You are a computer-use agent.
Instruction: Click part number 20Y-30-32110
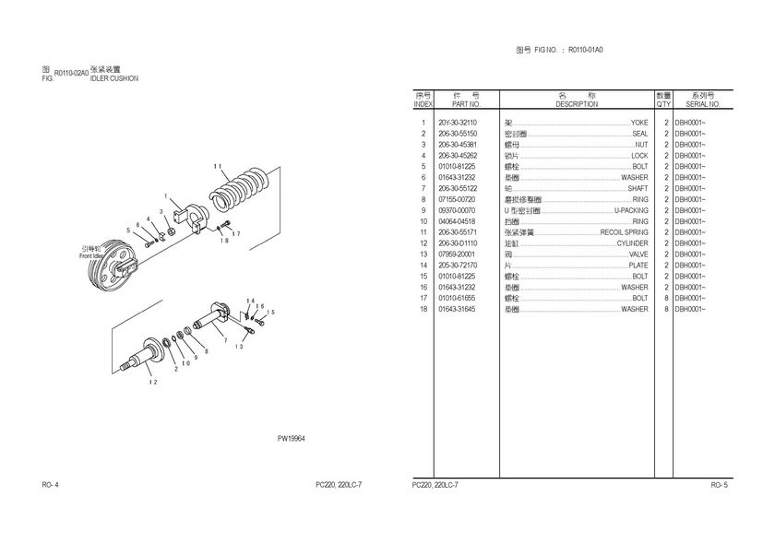point(458,123)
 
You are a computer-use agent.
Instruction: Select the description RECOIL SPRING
point(624,232)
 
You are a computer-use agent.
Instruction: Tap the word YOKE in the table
point(639,123)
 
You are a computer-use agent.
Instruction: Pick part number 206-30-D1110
point(458,243)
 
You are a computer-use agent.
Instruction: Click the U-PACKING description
point(631,210)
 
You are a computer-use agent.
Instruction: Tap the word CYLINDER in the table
point(633,243)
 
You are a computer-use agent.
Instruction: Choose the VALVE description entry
point(638,254)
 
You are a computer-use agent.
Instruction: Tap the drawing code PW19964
point(292,438)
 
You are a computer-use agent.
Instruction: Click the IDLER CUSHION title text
point(114,79)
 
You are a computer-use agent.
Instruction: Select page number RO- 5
point(720,485)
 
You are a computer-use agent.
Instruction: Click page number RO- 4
point(51,485)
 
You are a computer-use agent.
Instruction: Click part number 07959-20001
point(457,254)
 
